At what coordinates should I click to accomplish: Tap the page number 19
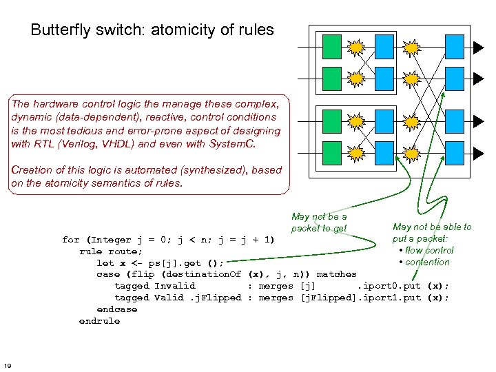pos(8,366)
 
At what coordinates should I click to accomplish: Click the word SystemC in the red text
pos(231,144)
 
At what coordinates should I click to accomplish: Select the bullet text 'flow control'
pos(429,251)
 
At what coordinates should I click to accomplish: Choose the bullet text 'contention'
pos(427,262)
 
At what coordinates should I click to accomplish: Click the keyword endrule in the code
pos(99,322)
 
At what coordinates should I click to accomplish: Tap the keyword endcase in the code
pos(116,309)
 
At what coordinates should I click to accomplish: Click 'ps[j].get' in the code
pos(174,263)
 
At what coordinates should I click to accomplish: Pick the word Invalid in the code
pos(174,286)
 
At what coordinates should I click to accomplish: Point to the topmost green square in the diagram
pos(332,47)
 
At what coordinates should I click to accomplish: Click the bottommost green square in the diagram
pos(332,153)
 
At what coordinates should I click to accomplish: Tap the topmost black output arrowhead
pos(478,48)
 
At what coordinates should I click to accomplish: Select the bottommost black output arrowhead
pos(478,154)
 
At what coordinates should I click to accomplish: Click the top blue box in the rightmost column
pos(455,47)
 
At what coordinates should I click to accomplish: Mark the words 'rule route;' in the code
pos(110,252)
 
